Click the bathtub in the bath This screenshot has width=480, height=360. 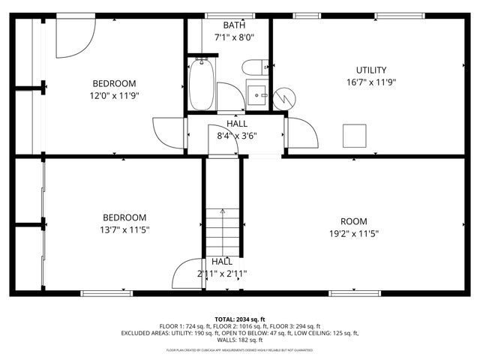pyautogui.click(x=200, y=85)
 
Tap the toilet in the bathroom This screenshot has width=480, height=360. pyautogui.click(x=255, y=67)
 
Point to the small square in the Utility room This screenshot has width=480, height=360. pyautogui.click(x=353, y=136)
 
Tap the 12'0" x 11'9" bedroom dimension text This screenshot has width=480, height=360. pyautogui.click(x=115, y=95)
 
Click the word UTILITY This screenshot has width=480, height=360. pyautogui.click(x=370, y=70)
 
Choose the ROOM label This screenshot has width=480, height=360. pyautogui.click(x=354, y=221)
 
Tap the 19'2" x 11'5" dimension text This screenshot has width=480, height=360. pyautogui.click(x=354, y=233)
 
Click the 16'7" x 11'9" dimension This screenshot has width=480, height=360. pyautogui.click(x=370, y=82)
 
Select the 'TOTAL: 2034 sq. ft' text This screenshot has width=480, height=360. pyautogui.click(x=240, y=319)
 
